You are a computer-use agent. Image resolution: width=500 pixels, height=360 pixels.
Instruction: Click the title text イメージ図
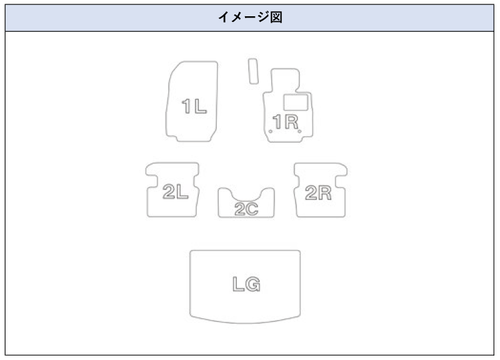click(250, 17)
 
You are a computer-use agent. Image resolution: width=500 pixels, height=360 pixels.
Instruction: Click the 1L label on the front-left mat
click(194, 107)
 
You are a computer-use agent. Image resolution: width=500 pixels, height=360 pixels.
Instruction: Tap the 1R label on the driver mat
click(284, 121)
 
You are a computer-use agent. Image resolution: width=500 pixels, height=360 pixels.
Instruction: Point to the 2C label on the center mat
click(246, 209)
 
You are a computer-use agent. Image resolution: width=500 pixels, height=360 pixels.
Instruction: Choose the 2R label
click(317, 193)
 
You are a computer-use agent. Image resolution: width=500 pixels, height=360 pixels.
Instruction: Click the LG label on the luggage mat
click(246, 284)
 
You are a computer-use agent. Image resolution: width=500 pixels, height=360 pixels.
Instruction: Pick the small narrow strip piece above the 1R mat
click(252, 71)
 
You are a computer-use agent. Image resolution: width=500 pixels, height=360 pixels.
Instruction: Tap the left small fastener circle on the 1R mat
click(270, 131)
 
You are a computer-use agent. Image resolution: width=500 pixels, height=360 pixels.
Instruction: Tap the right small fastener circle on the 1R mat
click(301, 131)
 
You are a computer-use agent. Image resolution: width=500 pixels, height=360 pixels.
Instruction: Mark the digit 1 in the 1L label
click(187, 107)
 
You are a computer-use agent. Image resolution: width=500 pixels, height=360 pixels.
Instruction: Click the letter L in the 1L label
click(199, 107)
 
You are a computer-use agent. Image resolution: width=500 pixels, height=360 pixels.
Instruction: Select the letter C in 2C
click(252, 209)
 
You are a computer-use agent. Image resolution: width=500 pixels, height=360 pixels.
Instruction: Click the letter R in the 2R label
click(324, 193)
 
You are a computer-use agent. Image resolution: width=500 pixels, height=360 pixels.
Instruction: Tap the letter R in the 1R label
click(290, 121)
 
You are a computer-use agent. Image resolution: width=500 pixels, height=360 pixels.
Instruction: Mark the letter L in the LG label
click(237, 284)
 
